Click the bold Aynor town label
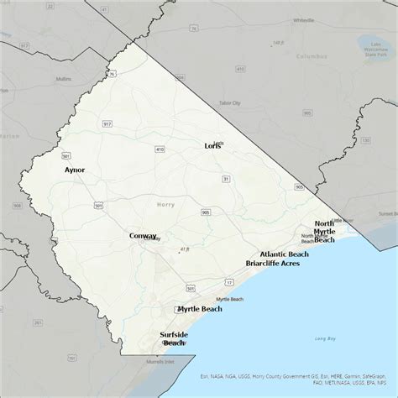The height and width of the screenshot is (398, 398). pyautogui.click(x=75, y=170)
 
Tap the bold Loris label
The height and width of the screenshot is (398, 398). pyautogui.click(x=213, y=145)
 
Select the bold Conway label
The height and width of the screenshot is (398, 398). pyautogui.click(x=143, y=236)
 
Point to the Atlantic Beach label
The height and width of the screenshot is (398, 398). pyautogui.click(x=284, y=254)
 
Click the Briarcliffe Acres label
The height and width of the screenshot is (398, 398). pyautogui.click(x=272, y=263)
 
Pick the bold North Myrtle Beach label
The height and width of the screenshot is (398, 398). pyautogui.click(x=324, y=231)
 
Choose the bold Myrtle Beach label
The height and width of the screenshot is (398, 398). pyautogui.click(x=200, y=309)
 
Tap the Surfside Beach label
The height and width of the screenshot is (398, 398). pyautogui.click(x=174, y=338)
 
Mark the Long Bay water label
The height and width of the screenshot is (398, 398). pyautogui.click(x=325, y=338)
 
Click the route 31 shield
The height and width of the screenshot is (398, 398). pyautogui.click(x=226, y=179)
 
